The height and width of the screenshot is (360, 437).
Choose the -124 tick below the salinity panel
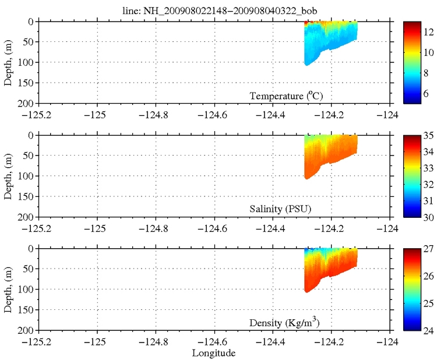click(390, 226)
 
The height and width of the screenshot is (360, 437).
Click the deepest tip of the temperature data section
click(308, 65)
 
